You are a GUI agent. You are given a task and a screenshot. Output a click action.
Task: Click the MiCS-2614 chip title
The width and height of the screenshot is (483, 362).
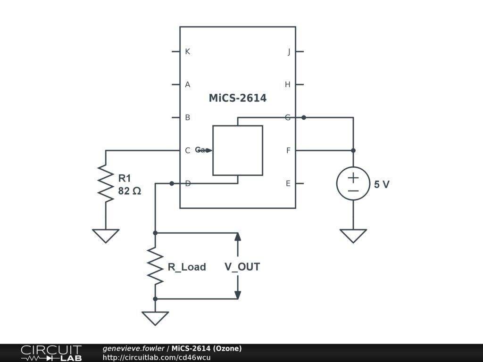tap(237, 98)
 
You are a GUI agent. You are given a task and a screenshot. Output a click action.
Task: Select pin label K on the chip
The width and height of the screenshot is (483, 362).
tap(187, 51)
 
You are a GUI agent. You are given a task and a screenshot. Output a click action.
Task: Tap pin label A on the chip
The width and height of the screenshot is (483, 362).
tap(187, 85)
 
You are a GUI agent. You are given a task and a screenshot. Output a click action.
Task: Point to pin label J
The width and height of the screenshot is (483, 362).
tap(289, 52)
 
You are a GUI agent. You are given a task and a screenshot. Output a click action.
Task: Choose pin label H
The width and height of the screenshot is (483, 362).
tap(287, 85)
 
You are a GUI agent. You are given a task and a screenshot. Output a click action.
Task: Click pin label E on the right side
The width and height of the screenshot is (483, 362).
tap(288, 184)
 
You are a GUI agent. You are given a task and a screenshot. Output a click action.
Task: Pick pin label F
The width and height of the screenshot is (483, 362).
tap(288, 151)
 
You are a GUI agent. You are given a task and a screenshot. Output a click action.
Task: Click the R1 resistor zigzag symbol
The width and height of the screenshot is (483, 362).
tap(106, 183)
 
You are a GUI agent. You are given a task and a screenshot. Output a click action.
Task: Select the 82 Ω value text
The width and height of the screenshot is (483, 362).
tap(129, 192)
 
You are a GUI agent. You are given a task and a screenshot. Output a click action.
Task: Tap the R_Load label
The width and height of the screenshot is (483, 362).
tap(187, 267)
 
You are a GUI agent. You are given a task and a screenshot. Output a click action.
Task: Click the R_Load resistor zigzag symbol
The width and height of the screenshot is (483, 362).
tap(155, 266)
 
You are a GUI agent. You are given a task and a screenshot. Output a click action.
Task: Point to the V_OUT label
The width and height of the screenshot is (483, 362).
tap(242, 267)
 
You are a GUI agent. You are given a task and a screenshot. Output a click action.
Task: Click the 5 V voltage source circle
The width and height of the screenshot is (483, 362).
tap(353, 183)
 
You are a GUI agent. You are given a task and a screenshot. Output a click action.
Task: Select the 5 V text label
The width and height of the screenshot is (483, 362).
tap(382, 185)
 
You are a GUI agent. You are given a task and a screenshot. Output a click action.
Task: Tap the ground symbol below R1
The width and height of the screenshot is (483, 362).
tap(106, 236)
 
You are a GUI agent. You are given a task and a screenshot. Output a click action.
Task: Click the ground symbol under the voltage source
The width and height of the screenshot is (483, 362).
tap(353, 236)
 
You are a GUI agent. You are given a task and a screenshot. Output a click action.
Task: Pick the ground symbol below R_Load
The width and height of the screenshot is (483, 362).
tap(155, 318)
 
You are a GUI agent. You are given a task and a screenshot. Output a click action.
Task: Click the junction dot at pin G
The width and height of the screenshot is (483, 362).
tap(304, 117)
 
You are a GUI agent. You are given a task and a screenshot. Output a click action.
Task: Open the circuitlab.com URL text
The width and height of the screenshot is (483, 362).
tap(157, 357)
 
